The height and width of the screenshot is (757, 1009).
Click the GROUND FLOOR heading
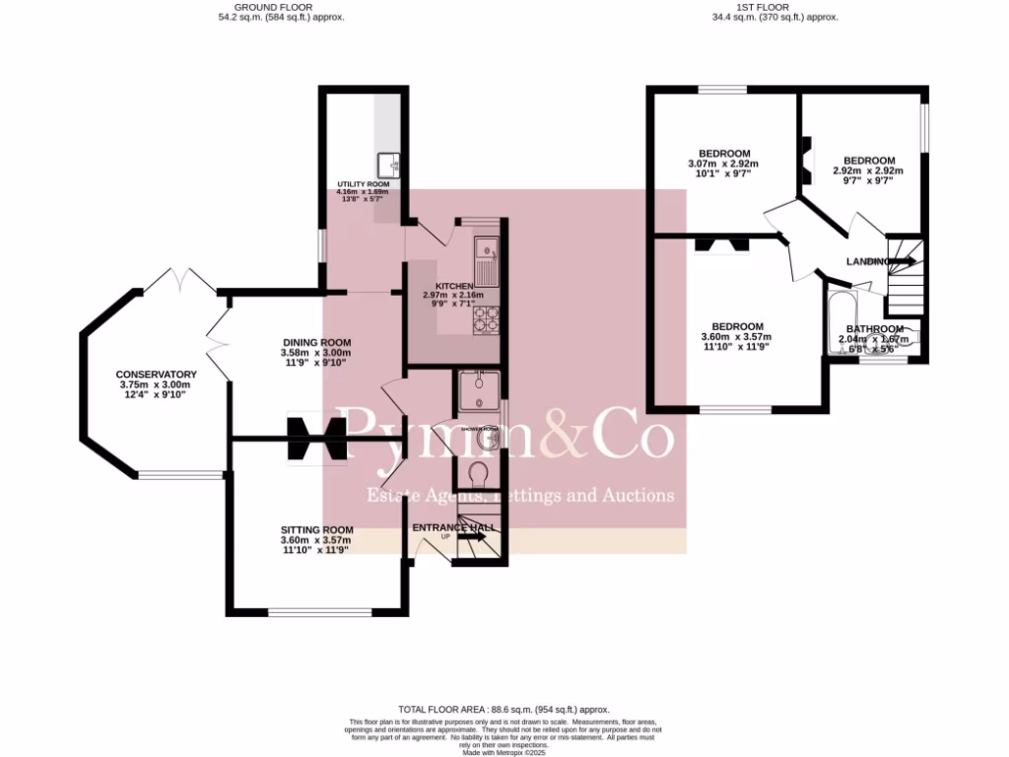tap(281, 7)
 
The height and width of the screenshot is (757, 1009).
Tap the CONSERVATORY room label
tap(156, 375)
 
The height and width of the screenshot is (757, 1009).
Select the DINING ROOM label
tap(315, 342)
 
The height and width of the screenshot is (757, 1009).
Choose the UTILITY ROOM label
tap(364, 184)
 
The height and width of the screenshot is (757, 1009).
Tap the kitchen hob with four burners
tap(487, 317)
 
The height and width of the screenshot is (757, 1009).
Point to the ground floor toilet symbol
tap(481, 475)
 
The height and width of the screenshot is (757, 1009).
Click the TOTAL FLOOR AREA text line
tap(504, 710)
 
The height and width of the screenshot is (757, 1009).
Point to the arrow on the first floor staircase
tap(903, 261)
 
